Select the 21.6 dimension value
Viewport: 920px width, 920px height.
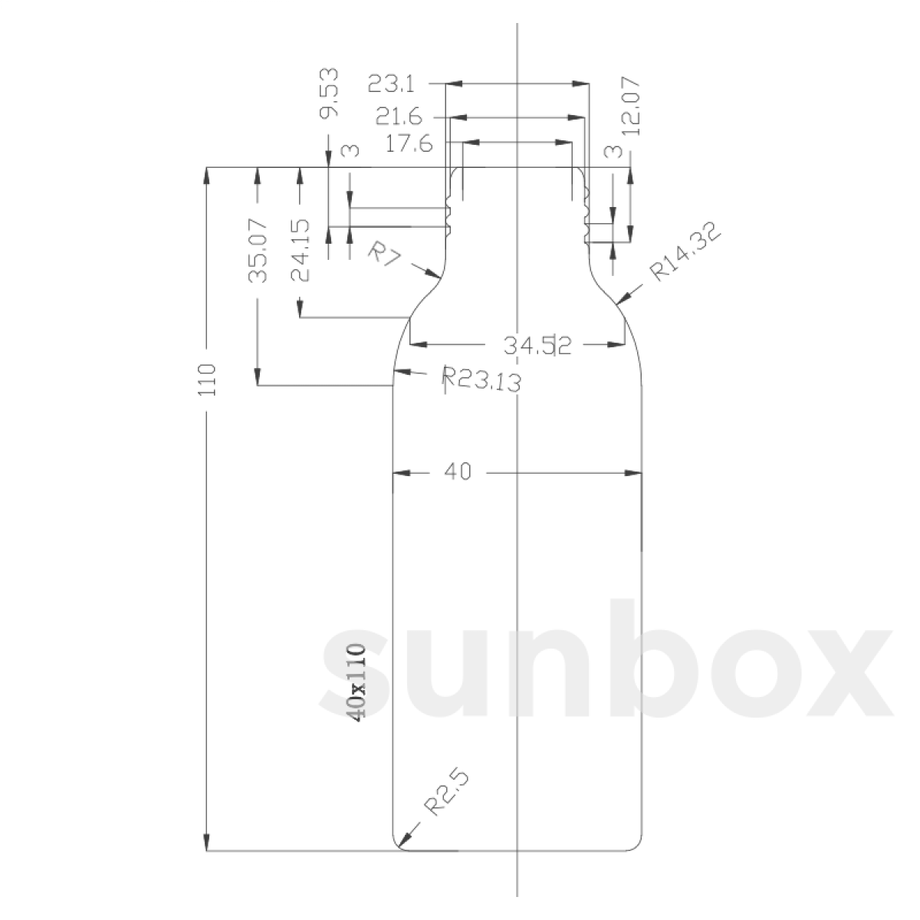(399, 117)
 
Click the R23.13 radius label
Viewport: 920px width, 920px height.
(482, 378)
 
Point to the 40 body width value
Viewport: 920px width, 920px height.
(457, 472)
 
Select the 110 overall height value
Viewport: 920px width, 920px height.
(208, 379)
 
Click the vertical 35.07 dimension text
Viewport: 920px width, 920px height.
(258, 250)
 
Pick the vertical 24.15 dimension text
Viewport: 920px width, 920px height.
(300, 250)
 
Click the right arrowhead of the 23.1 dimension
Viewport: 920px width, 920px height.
(582, 83)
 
